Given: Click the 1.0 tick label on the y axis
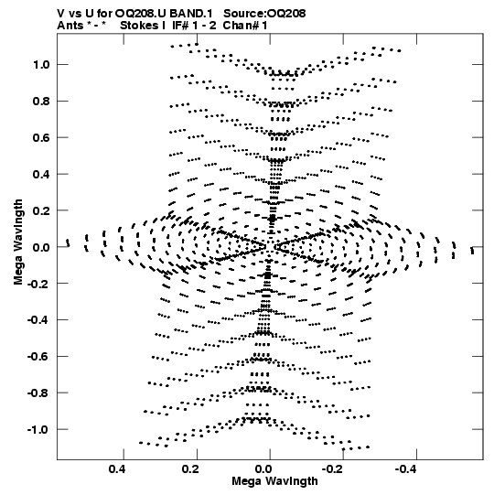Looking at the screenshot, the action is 41,65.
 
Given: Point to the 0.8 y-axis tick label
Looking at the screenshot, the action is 41,102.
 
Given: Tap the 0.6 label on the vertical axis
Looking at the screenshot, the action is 41,137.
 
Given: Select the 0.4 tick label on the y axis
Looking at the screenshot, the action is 41,174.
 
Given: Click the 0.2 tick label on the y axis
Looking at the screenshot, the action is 41,210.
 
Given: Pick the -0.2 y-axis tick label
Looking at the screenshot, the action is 38,284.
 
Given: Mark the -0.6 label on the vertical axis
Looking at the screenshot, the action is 38,357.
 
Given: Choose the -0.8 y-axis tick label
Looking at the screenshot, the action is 38,393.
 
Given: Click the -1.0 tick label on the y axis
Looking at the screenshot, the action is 38,429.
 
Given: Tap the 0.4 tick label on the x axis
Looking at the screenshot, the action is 117,469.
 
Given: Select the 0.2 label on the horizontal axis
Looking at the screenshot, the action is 190,469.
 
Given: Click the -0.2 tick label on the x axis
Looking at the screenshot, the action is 333,469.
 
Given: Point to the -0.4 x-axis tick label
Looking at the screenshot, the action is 406,469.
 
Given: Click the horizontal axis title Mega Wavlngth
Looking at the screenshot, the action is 274,481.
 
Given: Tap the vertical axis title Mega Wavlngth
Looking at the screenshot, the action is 18,242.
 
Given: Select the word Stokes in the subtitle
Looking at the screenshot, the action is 139,26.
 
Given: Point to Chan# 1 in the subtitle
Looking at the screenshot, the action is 245,26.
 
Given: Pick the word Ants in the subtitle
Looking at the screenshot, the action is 70,26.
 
